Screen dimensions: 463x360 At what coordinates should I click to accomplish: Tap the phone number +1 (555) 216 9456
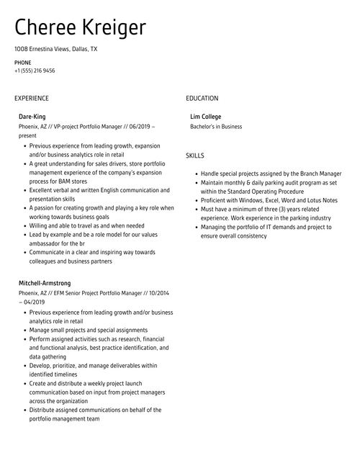(x=35, y=71)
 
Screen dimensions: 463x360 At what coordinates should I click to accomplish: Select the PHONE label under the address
(x=22, y=63)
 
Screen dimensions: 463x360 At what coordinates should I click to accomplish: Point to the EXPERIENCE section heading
(x=32, y=98)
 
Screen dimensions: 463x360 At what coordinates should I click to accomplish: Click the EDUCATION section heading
(x=202, y=98)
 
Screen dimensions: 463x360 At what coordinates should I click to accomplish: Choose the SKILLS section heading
(x=194, y=156)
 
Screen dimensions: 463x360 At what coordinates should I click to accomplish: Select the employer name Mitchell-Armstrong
(x=45, y=284)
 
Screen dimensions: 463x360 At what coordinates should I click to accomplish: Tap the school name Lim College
(x=205, y=116)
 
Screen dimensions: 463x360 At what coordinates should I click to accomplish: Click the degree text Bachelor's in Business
(x=216, y=126)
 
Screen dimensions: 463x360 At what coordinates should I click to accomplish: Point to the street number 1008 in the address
(x=21, y=49)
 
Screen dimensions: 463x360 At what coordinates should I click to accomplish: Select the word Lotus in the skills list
(x=314, y=200)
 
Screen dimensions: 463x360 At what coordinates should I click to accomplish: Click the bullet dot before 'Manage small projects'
(x=24, y=330)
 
